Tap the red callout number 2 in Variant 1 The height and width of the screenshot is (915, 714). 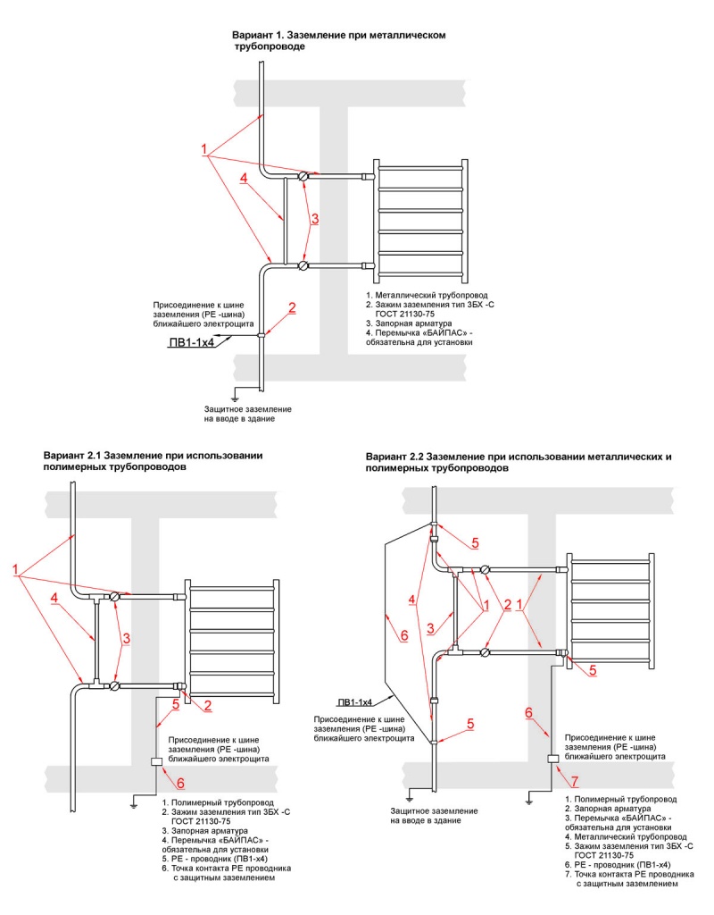click(292, 307)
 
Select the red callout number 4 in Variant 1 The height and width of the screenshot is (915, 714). click(244, 178)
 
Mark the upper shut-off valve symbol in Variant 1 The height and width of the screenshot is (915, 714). click(303, 176)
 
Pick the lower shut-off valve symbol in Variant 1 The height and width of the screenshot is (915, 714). click(303, 265)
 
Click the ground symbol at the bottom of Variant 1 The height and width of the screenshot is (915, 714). click(235, 397)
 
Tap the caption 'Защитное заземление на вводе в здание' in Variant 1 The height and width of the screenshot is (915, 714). click(247, 414)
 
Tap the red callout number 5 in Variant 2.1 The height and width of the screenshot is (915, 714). click(176, 705)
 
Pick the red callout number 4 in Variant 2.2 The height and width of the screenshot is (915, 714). click(411, 597)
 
